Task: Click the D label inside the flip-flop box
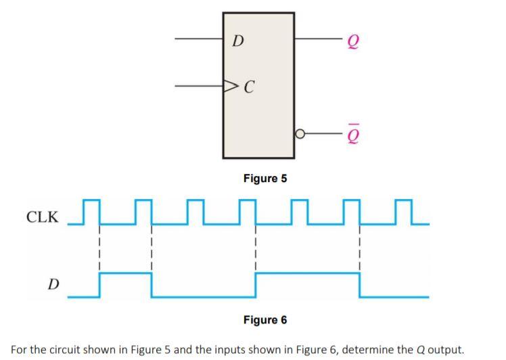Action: (237, 41)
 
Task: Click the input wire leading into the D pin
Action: (200, 39)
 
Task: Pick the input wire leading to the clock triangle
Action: (200, 87)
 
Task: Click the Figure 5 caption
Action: (265, 179)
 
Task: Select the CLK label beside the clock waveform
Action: (42, 218)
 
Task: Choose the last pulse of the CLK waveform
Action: (402, 211)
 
